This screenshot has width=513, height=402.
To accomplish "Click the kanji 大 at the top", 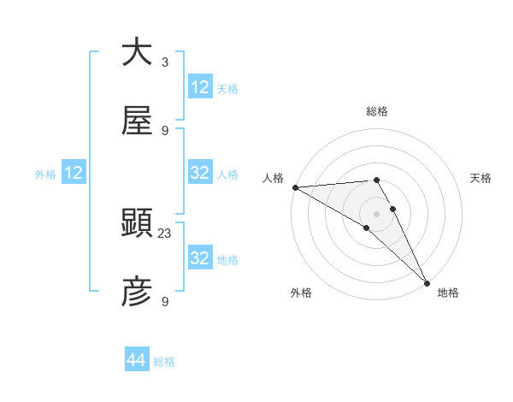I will coord(137,53).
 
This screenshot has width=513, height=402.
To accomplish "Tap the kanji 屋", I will coord(137,121).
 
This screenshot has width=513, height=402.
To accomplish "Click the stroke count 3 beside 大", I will coord(165,62).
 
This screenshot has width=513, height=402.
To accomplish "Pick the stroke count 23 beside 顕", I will coord(165,233).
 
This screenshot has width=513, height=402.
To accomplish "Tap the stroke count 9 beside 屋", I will coord(165,130).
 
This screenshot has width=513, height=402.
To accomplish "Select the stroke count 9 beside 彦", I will coord(165,301).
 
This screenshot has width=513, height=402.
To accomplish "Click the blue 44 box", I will coord(137,360).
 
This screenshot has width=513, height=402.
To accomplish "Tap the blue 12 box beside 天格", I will coord(200,87).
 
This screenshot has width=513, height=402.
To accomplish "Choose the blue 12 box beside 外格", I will coord(74,173).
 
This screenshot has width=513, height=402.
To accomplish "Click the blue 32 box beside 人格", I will coord(200,173).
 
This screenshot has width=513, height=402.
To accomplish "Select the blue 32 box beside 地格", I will coord(200,258).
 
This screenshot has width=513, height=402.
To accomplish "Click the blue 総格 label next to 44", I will coord(165,362).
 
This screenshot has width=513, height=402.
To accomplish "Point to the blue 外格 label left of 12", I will coord(45,174).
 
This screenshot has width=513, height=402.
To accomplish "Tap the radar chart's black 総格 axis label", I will coord(377,111).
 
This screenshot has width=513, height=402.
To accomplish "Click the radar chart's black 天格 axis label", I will coord(481,178).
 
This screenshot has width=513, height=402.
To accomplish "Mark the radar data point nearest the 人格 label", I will coord(294,187).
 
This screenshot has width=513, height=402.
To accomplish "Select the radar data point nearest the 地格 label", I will coord(427,282).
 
